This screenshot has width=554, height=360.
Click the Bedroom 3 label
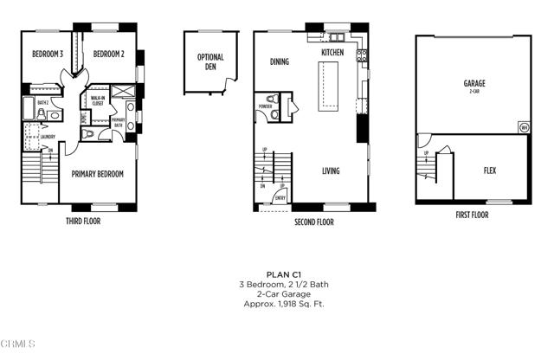click(48, 54)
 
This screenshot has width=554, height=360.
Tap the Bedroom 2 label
click(110, 54)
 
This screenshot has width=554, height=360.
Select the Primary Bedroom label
click(97, 174)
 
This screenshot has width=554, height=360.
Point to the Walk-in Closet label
click(98, 101)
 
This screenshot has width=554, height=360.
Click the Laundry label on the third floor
click(47, 137)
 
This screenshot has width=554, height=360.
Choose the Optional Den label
click(210, 63)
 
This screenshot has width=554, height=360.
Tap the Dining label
click(279, 61)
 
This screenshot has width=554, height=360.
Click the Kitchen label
click(332, 53)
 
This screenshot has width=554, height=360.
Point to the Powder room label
click(265, 107)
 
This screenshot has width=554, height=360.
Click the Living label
click(330, 171)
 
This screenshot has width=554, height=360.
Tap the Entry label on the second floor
click(280, 198)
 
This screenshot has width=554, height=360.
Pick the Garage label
click(473, 85)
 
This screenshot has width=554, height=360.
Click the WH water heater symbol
click(523, 127)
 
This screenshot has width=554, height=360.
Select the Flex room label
click(489, 170)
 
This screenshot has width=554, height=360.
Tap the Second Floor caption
click(313, 222)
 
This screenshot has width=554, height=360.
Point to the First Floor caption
click(472, 215)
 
